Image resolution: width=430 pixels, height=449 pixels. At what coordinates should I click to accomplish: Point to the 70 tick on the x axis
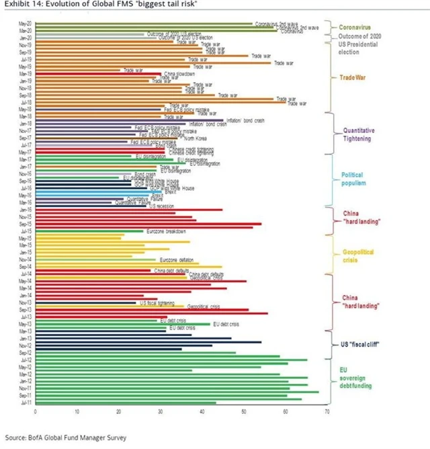click(327, 411)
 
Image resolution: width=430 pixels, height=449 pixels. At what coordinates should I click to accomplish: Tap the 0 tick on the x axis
click(35, 411)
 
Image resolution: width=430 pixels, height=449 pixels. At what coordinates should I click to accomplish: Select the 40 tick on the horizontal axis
click(202, 411)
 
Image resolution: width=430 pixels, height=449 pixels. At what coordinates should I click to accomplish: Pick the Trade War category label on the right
click(353, 77)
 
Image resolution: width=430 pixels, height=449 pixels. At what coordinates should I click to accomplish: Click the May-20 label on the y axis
click(23, 24)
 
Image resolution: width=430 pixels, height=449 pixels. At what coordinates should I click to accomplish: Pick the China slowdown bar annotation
click(177, 73)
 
